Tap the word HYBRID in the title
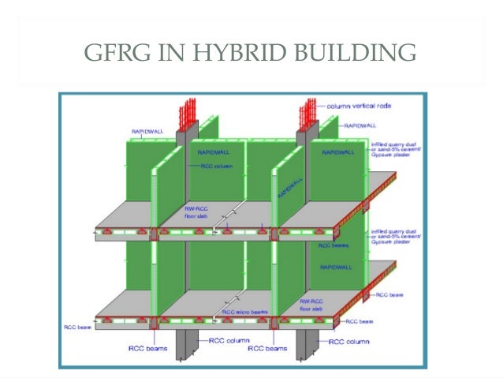tap(222, 54)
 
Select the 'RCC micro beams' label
tap(244, 313)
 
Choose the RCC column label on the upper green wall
tap(211, 166)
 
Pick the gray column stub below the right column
tap(307, 344)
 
